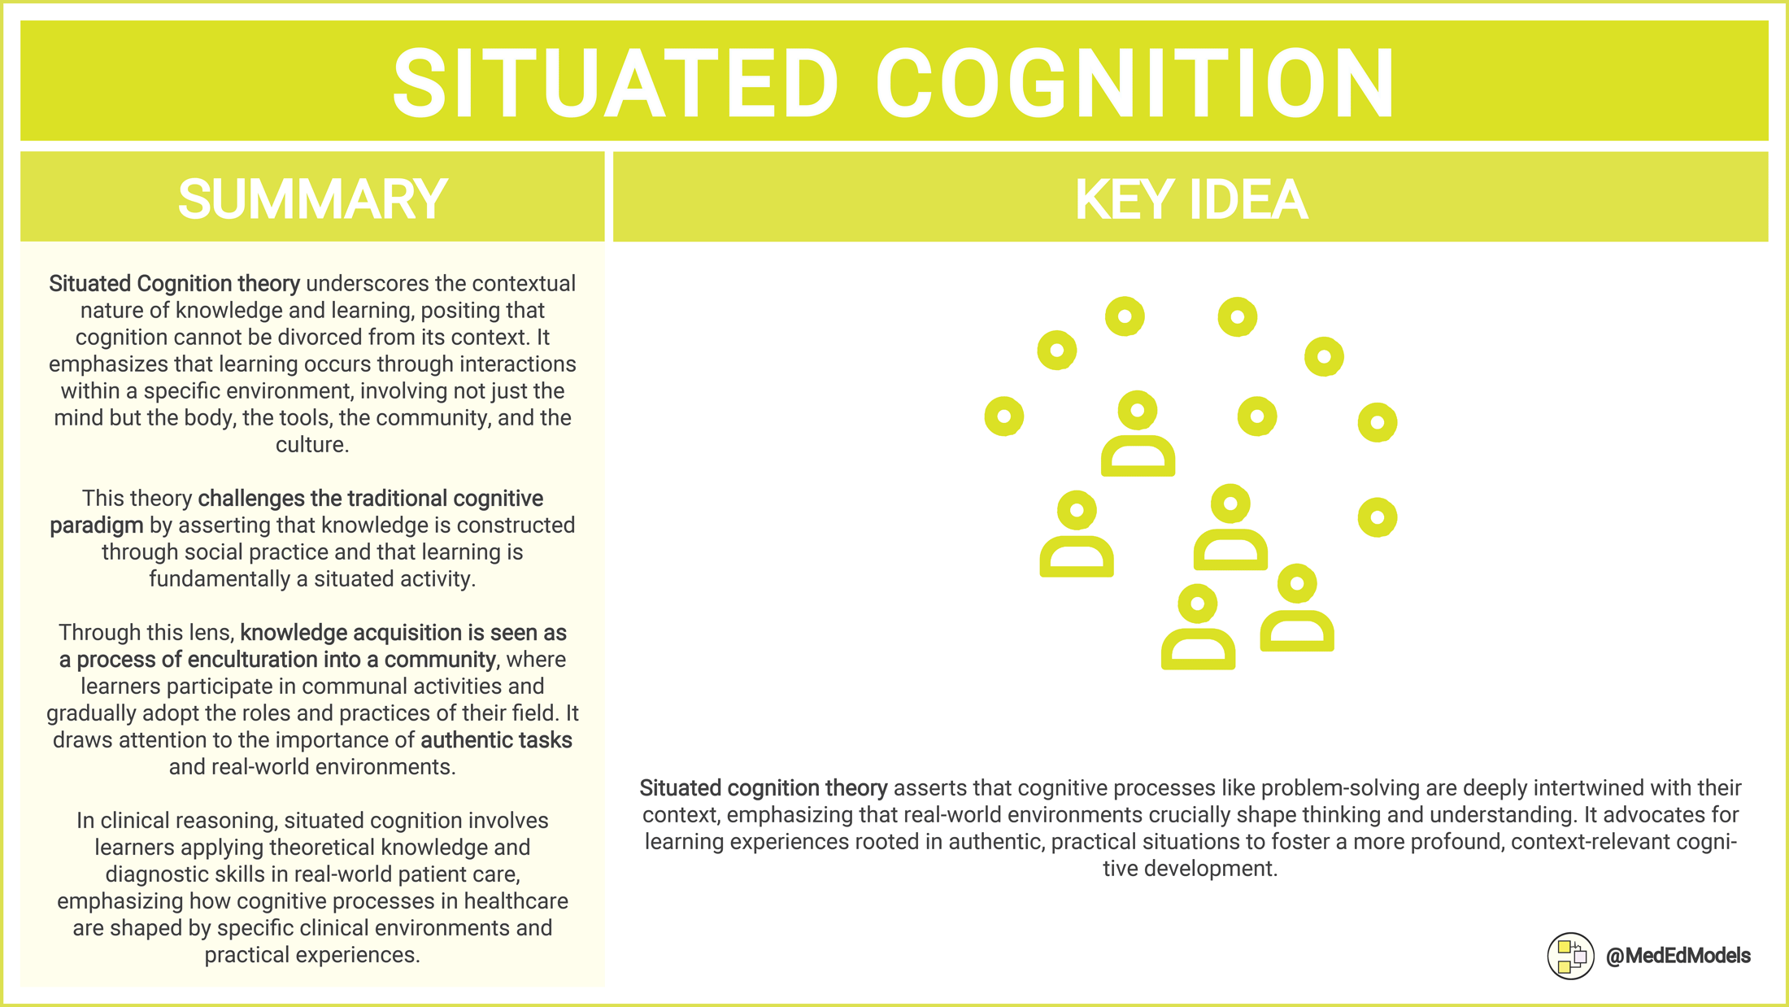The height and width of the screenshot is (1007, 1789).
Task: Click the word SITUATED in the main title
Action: click(616, 84)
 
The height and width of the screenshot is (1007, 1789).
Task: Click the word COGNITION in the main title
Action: click(1135, 84)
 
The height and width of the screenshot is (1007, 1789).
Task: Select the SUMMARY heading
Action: click(312, 199)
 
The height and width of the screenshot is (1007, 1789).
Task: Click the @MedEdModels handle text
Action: click(1678, 956)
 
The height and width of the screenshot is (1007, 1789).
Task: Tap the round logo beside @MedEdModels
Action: click(1570, 956)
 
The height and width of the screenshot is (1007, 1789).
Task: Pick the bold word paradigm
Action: click(96, 525)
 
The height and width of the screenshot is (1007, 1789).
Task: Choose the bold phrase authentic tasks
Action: click(496, 740)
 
